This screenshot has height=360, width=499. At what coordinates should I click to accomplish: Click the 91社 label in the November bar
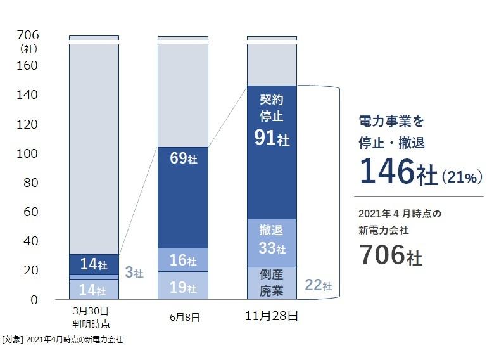[x=272, y=138]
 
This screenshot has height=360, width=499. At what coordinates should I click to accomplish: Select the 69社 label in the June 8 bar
[x=183, y=158]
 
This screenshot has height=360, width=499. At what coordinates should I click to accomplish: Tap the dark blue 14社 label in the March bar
[x=94, y=263]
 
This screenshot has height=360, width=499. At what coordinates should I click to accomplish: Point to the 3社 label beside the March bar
[x=134, y=274]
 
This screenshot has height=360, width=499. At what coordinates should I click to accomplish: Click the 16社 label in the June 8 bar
[x=183, y=260]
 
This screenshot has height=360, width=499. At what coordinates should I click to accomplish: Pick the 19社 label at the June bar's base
[x=183, y=288]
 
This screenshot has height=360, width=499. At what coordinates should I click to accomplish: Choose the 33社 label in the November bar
[x=272, y=248]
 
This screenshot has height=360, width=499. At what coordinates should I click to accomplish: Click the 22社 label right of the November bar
[x=318, y=285]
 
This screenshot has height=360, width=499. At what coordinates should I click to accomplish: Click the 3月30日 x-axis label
[x=94, y=311]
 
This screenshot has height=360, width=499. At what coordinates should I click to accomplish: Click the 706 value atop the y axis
[x=28, y=34]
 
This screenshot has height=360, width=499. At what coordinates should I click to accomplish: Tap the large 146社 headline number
[x=398, y=171]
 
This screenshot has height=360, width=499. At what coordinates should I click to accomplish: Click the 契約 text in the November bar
[x=272, y=100]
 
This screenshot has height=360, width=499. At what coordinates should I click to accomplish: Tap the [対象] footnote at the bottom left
[x=13, y=340]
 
